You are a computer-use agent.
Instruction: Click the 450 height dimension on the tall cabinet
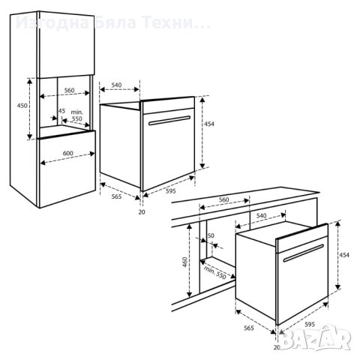coord(22,106)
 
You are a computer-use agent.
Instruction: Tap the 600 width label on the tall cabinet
coord(68,153)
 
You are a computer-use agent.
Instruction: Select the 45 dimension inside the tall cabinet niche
coord(61,111)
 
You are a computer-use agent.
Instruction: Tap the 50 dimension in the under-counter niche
coord(211,236)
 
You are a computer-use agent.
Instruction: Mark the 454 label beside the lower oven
coord(345,255)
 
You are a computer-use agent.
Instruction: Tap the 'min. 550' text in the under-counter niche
coord(214,271)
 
